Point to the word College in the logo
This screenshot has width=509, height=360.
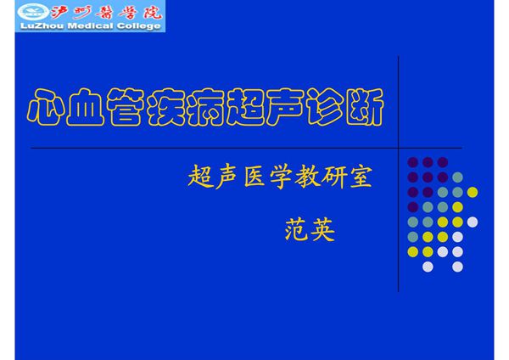[x=135, y=27]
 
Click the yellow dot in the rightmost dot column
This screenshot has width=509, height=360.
[x=473, y=192]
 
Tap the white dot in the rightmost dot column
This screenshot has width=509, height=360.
[x=473, y=222]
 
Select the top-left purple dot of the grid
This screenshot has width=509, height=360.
[x=413, y=162]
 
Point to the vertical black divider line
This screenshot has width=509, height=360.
[x=399, y=170]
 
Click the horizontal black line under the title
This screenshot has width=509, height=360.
[x=212, y=148]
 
